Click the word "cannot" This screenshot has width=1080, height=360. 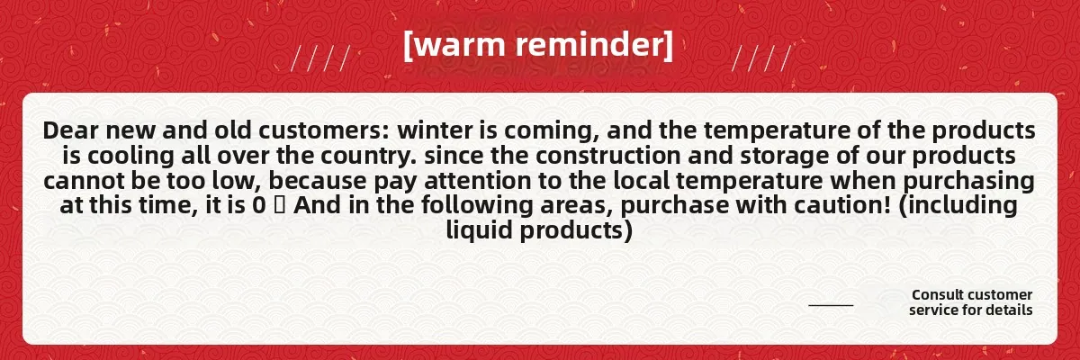[85, 181]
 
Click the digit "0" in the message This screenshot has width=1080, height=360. [259, 206]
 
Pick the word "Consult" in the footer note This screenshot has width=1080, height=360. [938, 294]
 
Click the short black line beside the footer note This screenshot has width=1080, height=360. [831, 305]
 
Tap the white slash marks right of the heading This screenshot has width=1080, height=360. [761, 58]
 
